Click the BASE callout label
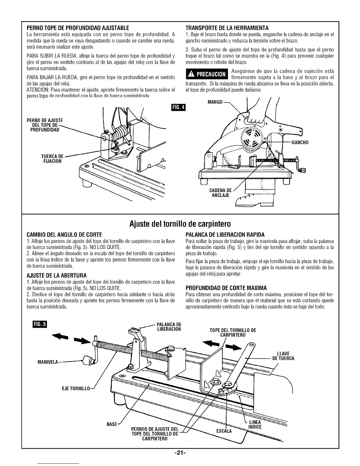point(112,424)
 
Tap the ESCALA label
point(224,431)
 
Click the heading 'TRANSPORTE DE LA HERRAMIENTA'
point(227,28)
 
